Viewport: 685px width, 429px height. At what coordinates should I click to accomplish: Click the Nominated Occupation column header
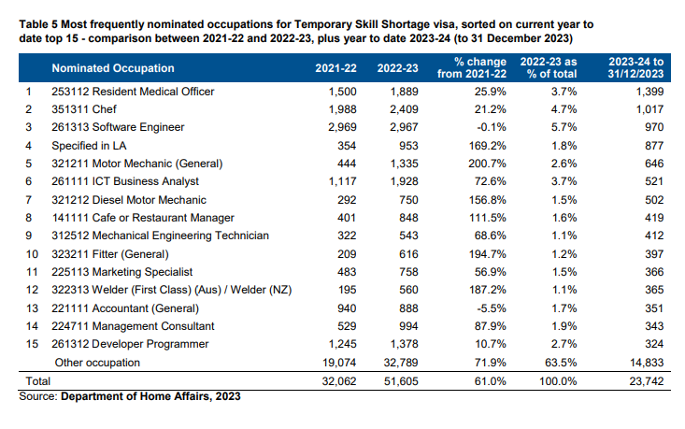113,68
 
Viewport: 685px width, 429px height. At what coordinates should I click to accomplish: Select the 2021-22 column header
335,68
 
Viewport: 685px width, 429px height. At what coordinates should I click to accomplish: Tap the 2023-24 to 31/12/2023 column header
635,67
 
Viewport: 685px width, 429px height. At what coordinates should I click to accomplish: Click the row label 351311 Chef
84,109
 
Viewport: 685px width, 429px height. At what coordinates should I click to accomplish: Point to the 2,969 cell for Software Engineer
342,127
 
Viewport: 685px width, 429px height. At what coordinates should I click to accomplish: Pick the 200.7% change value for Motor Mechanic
488,164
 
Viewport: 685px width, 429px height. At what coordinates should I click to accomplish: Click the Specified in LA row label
89,146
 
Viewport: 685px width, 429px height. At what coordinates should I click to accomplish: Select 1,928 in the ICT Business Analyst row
404,181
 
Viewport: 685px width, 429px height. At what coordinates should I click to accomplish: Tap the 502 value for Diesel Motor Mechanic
654,200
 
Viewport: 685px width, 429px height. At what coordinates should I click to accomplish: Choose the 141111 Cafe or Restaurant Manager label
143,218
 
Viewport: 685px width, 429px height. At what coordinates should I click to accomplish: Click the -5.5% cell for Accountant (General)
492,308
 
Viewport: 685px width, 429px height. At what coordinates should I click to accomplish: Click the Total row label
38,381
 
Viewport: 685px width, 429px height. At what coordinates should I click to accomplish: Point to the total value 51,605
401,381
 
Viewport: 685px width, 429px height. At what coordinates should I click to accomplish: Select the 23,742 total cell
647,381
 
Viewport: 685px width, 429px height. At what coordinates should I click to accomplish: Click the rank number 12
32,290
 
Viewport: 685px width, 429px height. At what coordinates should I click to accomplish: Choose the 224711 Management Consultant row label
133,326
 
